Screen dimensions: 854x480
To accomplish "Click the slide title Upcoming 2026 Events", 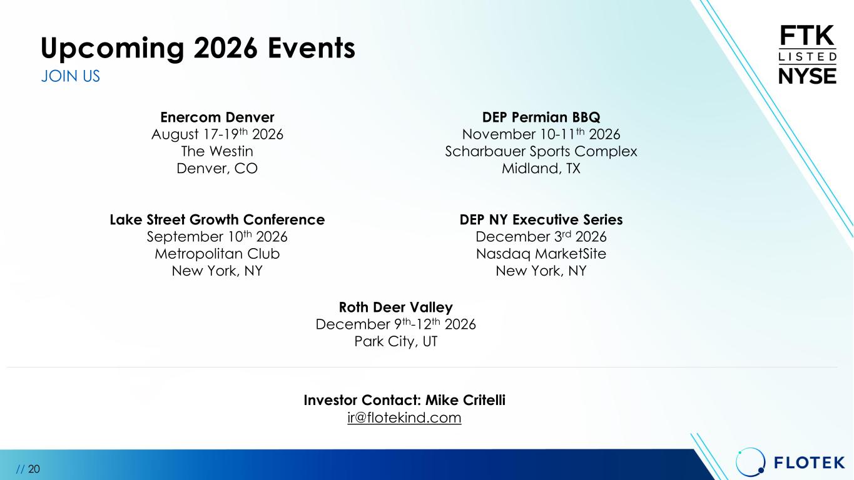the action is [198, 48].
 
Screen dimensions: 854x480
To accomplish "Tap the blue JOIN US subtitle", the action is [71, 76].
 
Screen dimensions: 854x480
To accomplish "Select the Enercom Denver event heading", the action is [217, 117].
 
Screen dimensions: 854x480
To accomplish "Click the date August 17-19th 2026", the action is [217, 134].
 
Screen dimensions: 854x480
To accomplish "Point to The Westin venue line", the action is [217, 151].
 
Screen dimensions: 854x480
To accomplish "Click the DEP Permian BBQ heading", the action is [541, 117].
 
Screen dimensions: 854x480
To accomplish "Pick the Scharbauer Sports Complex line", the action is [541, 152].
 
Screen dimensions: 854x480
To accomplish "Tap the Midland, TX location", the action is [541, 168].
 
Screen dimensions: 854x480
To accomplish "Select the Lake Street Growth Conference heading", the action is [217, 220].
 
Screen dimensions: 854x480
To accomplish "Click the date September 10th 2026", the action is [217, 237].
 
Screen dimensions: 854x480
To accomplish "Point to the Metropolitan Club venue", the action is [217, 254].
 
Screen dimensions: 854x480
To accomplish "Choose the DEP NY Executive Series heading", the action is [541, 220].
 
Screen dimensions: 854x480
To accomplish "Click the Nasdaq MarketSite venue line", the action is [541, 254].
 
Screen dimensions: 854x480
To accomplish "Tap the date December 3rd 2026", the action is [541, 237].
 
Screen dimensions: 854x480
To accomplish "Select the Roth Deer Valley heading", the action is [396, 307].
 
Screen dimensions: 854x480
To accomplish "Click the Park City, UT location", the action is [396, 341].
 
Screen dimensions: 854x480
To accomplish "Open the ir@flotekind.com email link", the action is [404, 418].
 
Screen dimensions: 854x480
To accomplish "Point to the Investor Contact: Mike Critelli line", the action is [405, 401].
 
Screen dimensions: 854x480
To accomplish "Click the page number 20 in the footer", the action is [34, 469].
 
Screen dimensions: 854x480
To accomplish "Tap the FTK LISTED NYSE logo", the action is [807, 54].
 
